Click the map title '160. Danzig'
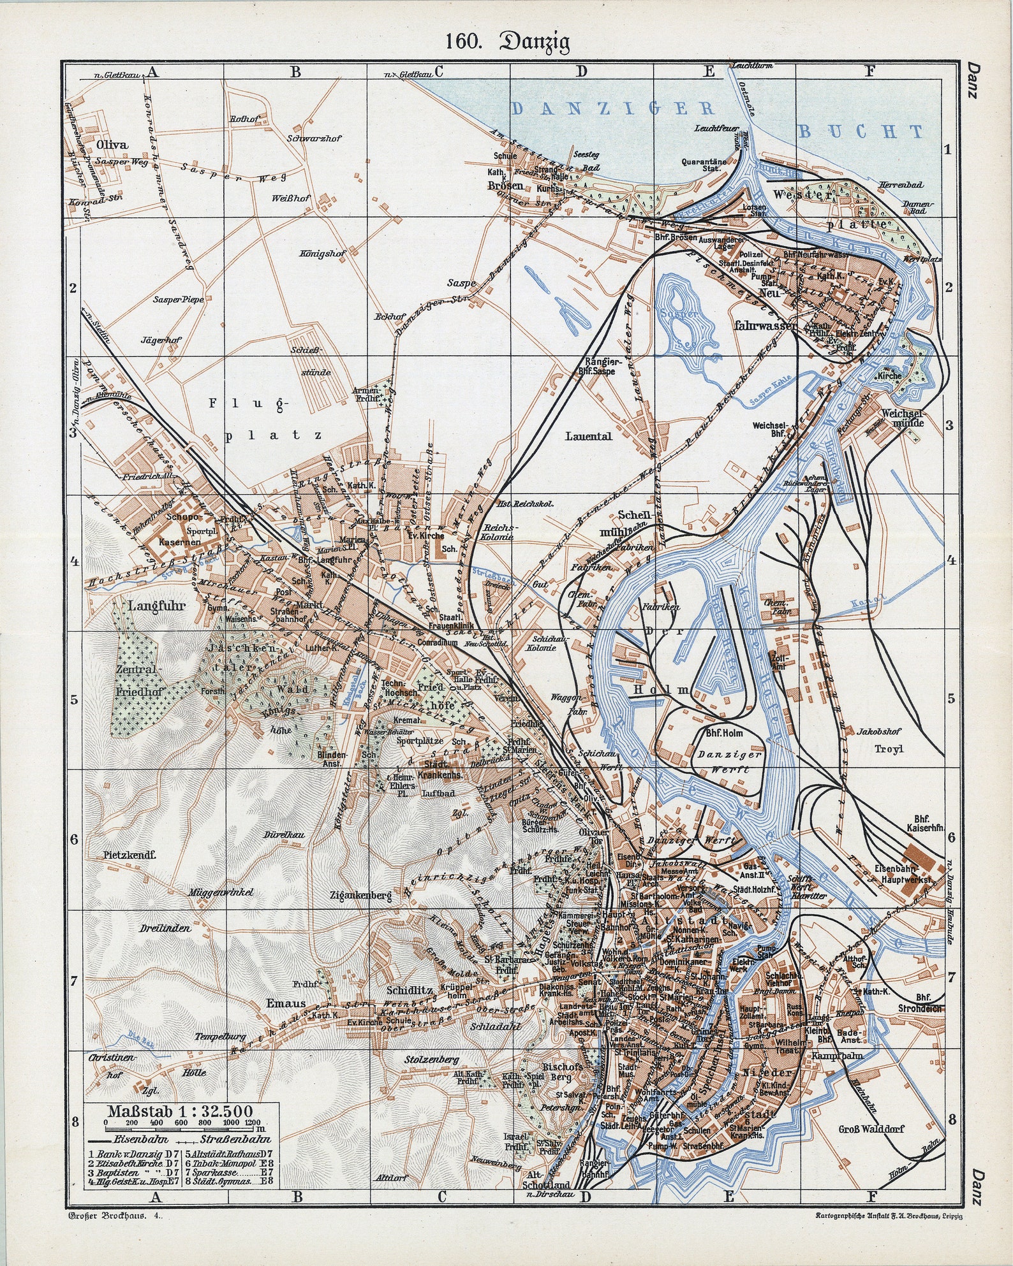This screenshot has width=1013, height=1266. pyautogui.click(x=507, y=41)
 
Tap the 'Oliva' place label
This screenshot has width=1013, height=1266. pyautogui.click(x=112, y=145)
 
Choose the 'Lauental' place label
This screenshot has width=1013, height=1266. pyautogui.click(x=588, y=436)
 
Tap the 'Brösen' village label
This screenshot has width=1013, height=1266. pyautogui.click(x=505, y=186)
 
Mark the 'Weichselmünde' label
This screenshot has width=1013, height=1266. pyautogui.click(x=903, y=418)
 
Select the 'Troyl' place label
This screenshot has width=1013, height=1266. pyautogui.click(x=889, y=749)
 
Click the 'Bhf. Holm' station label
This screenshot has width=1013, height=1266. pyautogui.click(x=724, y=733)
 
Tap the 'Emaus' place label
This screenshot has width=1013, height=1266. pyautogui.click(x=286, y=1003)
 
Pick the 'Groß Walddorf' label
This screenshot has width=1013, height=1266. pyautogui.click(x=871, y=1128)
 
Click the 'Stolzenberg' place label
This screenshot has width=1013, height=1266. pyautogui.click(x=432, y=1059)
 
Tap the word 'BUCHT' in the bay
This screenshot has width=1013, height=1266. pyautogui.click(x=861, y=132)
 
